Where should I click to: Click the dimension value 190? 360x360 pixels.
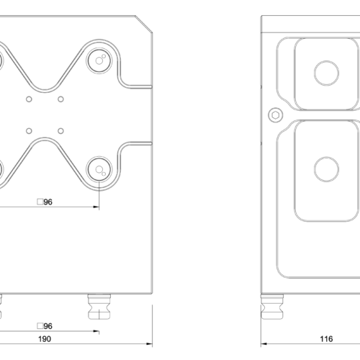(x=44, y=338)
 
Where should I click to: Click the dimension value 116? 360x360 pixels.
(x=326, y=338)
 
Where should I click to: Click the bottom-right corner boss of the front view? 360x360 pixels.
(x=99, y=170)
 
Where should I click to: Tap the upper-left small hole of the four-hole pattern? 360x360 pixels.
(x=29, y=99)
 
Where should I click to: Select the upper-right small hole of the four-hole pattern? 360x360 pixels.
(x=61, y=99)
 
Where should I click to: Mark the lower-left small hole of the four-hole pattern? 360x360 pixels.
(x=29, y=131)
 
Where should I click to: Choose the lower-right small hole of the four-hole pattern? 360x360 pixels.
(x=61, y=131)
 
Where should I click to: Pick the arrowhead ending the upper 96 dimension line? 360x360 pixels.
(x=96, y=208)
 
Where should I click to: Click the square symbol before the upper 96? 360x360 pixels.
(x=40, y=202)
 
